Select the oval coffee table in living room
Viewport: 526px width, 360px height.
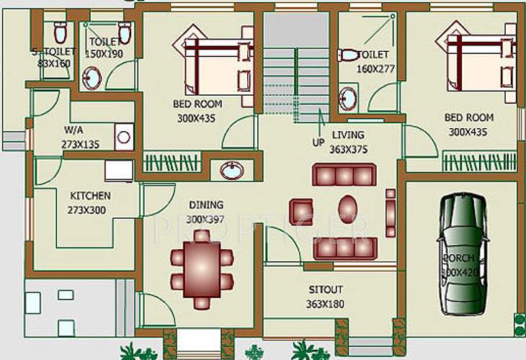(x=348, y=209)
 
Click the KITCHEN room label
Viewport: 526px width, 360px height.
(x=90, y=196)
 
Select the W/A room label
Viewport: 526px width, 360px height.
(x=73, y=131)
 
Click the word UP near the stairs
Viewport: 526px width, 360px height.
(x=318, y=143)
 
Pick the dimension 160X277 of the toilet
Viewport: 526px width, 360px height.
(x=376, y=68)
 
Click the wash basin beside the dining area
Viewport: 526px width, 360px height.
(x=231, y=171)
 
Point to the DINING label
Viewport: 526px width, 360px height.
(x=206, y=205)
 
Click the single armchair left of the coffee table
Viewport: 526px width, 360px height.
(x=301, y=211)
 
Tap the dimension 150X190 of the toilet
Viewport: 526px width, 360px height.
(x=104, y=54)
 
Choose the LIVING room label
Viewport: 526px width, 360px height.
(x=348, y=135)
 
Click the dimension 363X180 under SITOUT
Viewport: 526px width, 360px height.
(x=326, y=304)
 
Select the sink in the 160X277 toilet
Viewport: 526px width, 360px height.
(x=348, y=98)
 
